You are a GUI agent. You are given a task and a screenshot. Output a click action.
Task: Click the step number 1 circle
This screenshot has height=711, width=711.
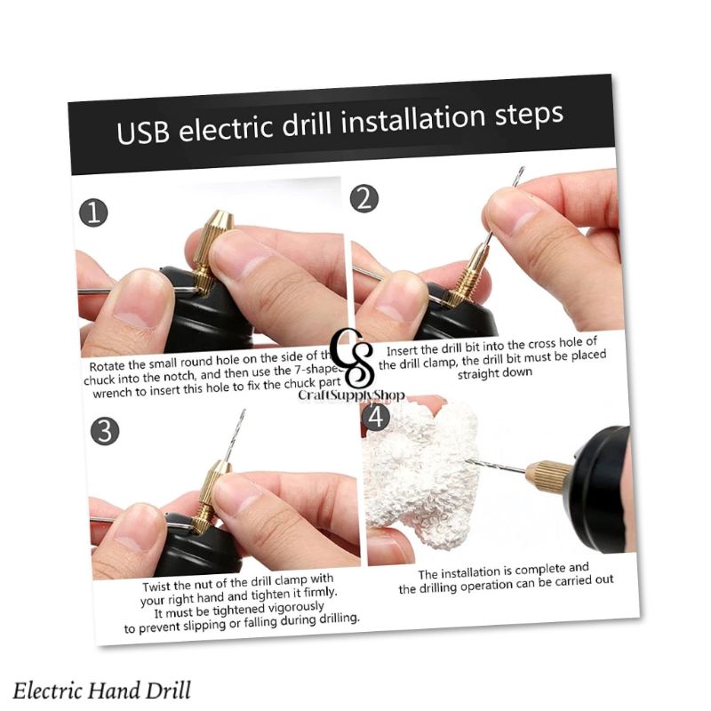coord(93,213)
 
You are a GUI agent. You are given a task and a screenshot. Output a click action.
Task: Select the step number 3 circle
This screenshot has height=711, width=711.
coord(105,432)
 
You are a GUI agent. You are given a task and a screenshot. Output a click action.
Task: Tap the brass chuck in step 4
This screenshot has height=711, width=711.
coord(543,475)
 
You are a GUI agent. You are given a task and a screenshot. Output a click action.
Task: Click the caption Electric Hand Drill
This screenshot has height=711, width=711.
coord(102,690)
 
